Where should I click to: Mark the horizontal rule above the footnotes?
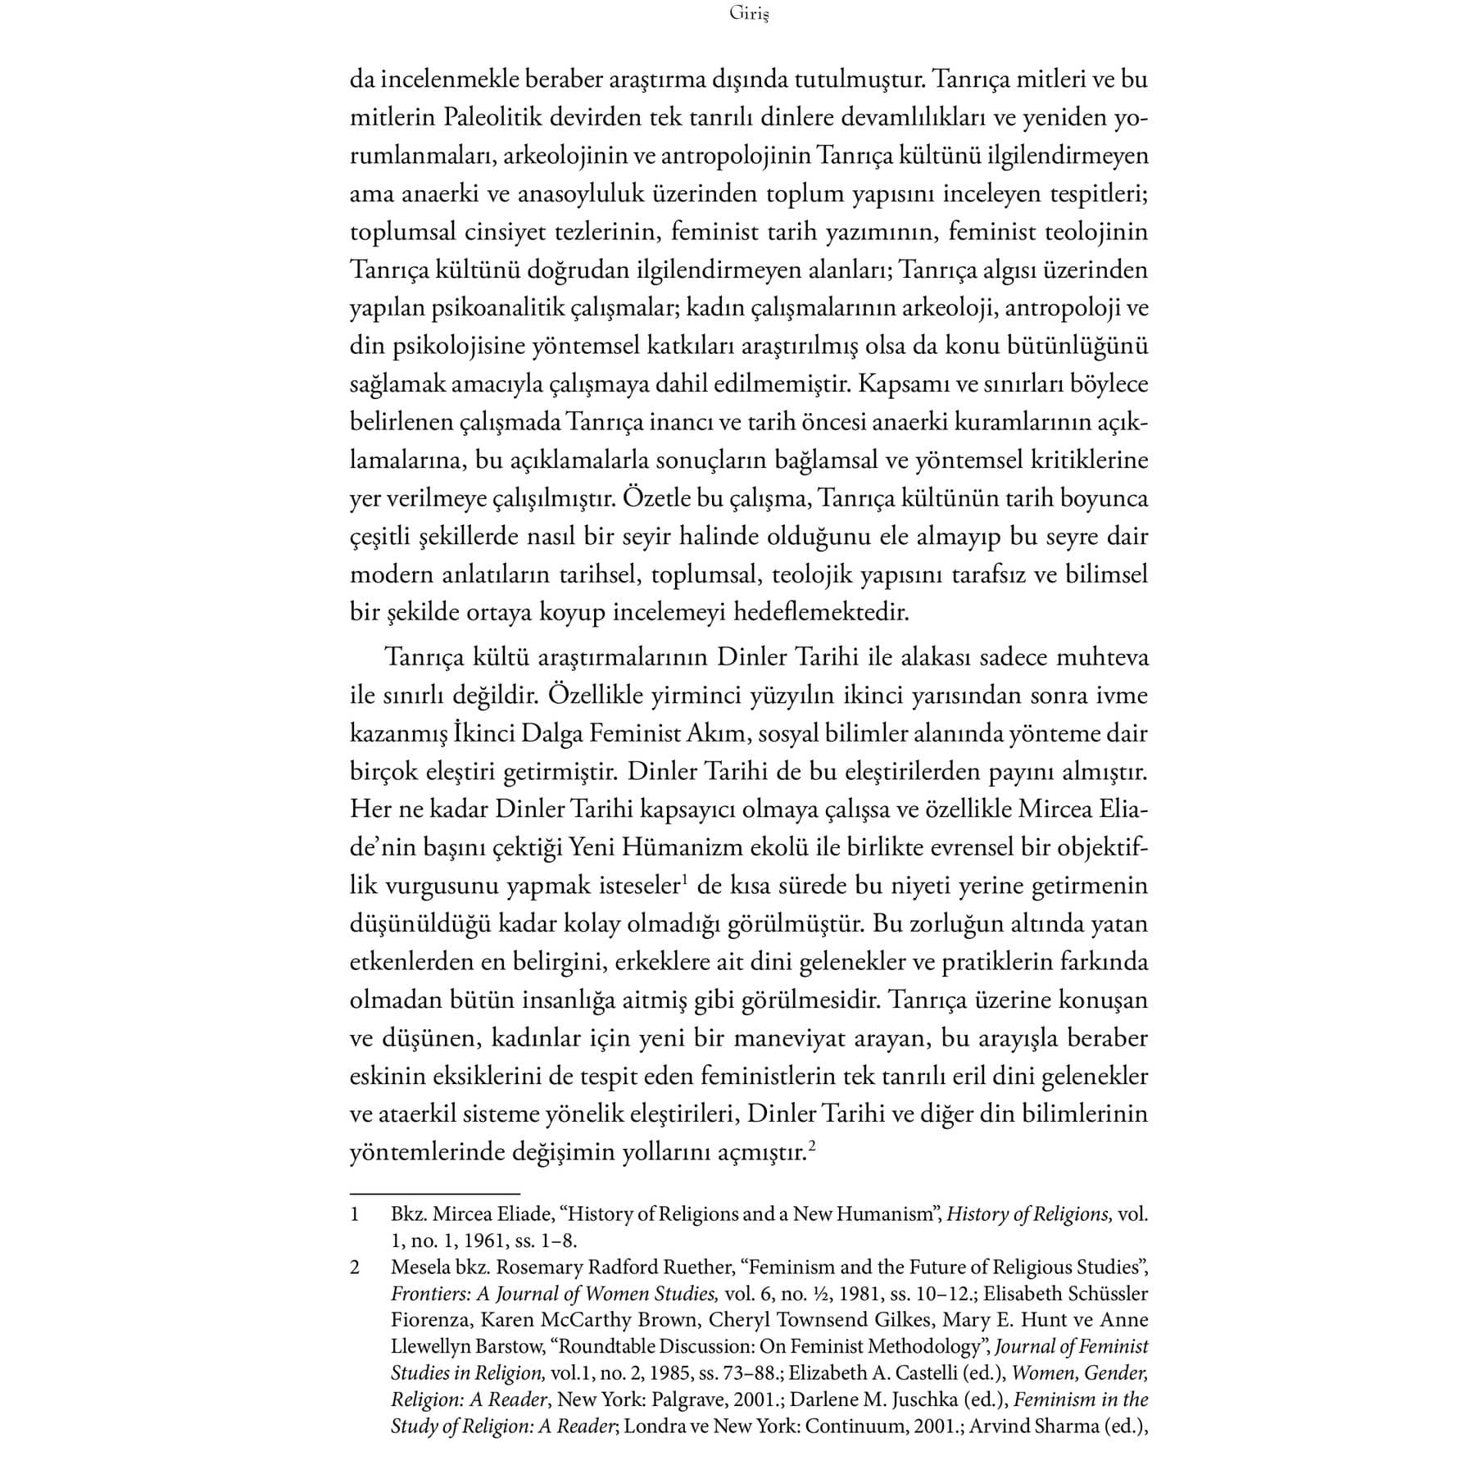point(435,1194)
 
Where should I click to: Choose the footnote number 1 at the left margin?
point(355,1214)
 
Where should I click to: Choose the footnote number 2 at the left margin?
point(355,1268)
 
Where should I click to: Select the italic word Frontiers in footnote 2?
point(426,1294)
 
